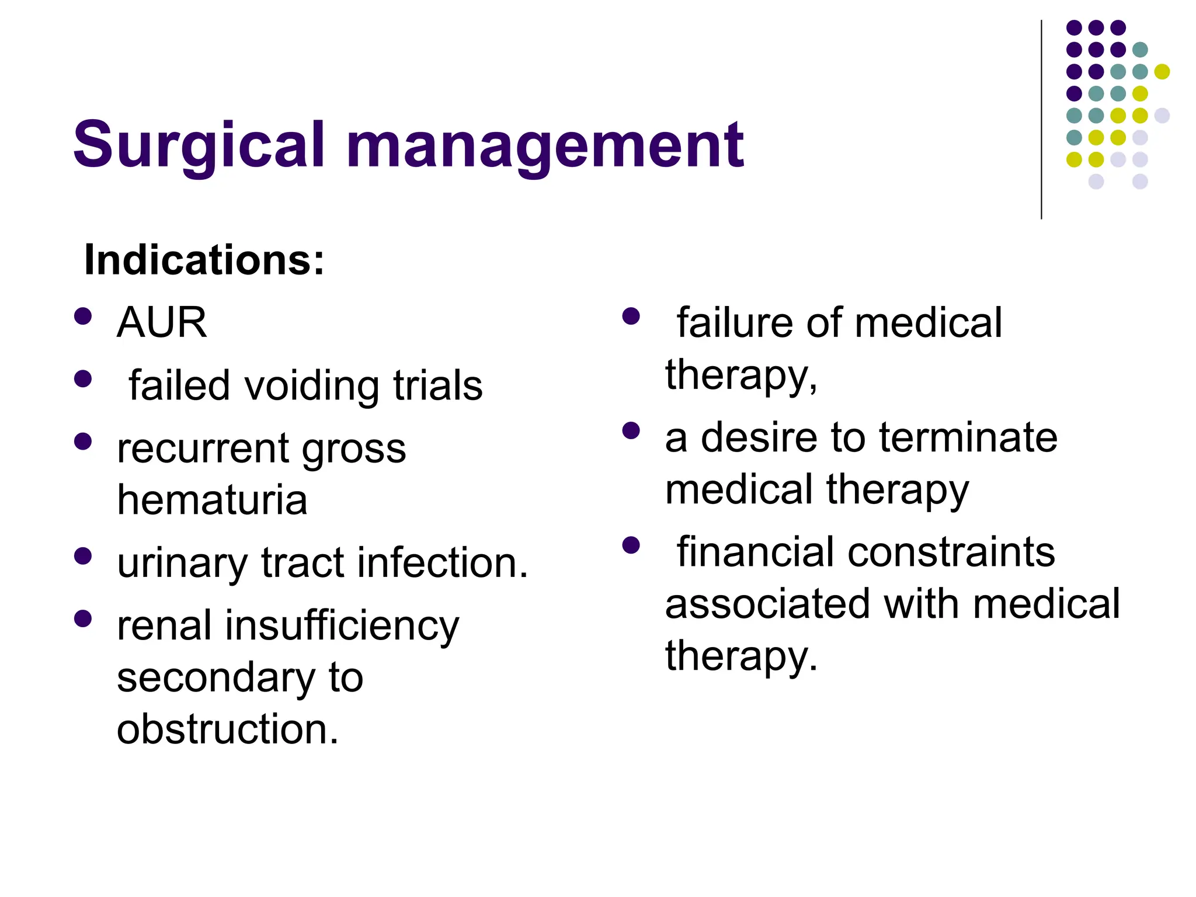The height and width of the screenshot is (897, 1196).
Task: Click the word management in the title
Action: [545, 145]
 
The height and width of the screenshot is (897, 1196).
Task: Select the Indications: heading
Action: [204, 260]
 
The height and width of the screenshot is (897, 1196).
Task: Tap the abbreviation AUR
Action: [162, 322]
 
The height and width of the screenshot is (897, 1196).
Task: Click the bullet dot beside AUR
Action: [84, 316]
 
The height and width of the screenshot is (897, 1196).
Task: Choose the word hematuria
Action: [212, 500]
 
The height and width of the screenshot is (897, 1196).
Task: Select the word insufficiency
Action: [342, 625]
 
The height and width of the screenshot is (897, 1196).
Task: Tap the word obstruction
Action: [227, 729]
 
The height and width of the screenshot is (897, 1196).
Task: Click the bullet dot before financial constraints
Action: [631, 545]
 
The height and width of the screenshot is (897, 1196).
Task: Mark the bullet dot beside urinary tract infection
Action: [84, 556]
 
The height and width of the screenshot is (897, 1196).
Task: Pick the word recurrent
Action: [202, 449]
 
